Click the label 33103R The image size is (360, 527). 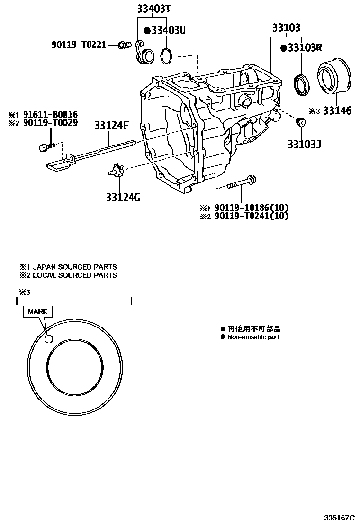(x=304, y=48)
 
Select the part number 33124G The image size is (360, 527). (x=123, y=197)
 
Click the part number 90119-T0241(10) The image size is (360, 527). (x=251, y=216)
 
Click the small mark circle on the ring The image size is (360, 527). (x=48, y=339)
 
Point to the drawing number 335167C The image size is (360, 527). (x=340, y=517)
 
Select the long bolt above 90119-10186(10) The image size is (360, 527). (x=242, y=182)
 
